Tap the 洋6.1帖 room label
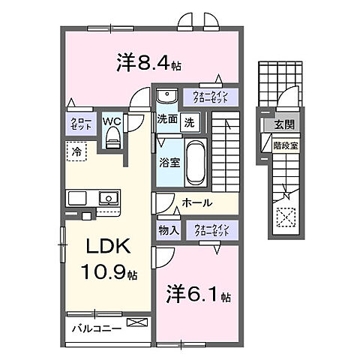(193, 291)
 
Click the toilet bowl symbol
(113, 135)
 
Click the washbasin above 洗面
(166, 95)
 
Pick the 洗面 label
(166, 119)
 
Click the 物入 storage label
(168, 231)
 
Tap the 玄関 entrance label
(284, 124)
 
